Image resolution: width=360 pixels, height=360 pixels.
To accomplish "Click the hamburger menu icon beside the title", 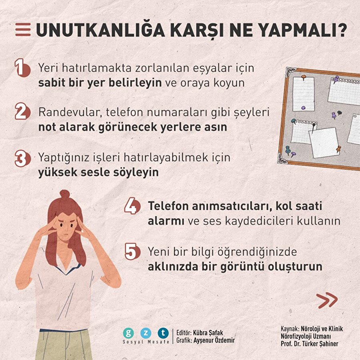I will coord(23,30).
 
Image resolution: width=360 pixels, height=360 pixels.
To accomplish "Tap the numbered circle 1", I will coord(22,68).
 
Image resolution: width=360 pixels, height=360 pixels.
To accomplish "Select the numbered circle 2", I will coord(22,112).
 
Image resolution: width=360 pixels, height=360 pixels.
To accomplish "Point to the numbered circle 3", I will coord(22,158).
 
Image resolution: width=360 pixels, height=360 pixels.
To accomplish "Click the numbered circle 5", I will coord(132,252).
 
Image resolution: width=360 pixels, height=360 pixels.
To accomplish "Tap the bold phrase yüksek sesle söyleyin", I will coord(98,172).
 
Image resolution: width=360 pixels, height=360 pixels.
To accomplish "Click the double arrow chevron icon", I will coord(327,300).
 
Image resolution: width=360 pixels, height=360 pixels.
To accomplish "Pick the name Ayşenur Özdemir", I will coord(214,340).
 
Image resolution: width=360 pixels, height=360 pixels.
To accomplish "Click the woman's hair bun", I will coord(65,196).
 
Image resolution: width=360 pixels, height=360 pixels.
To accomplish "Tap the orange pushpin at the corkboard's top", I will coord(303,76).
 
